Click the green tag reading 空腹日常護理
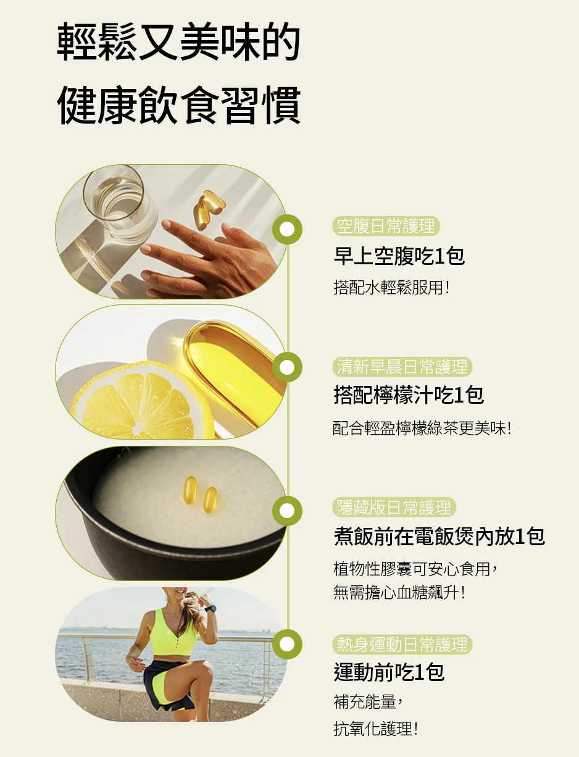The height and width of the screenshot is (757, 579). (x=386, y=227)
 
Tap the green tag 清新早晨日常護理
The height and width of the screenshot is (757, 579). (x=402, y=367)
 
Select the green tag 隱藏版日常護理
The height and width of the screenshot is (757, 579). (x=394, y=508)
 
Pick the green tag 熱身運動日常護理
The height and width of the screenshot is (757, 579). (x=402, y=645)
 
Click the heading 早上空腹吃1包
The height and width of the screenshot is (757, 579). (x=399, y=256)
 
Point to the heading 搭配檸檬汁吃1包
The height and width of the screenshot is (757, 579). (x=409, y=395)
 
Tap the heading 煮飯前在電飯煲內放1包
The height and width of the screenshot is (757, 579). (x=439, y=537)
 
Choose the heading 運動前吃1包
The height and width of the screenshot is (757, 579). (x=389, y=672)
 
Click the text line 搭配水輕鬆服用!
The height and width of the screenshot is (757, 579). (x=391, y=288)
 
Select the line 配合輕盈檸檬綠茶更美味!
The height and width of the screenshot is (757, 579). (x=422, y=428)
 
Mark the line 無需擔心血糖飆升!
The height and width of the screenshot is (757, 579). (x=399, y=593)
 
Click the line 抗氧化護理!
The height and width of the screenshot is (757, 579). (x=375, y=729)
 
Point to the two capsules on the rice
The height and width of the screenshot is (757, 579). (x=200, y=495)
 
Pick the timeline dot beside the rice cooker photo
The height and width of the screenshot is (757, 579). (x=287, y=511)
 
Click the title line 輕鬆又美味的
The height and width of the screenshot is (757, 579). (x=178, y=44)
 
